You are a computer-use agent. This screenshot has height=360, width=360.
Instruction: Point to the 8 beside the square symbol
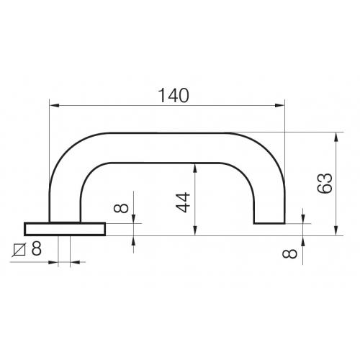[36, 251]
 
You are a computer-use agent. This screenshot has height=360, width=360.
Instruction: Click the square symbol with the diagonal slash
[19, 251]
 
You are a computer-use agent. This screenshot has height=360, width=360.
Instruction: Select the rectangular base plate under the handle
[65, 229]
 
